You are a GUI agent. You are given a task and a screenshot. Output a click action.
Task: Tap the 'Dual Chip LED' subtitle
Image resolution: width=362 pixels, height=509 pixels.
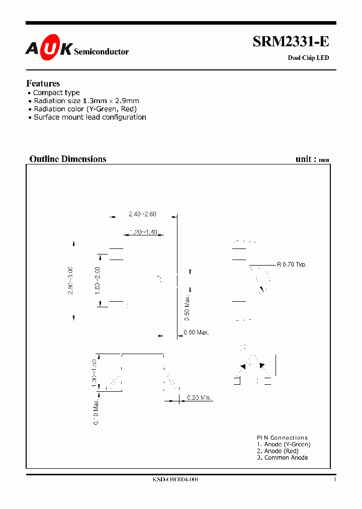coord(308,58)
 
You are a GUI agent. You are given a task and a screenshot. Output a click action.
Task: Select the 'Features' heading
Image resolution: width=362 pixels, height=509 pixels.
coord(43,83)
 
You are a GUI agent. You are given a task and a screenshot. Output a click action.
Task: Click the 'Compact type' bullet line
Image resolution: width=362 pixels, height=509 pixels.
coord(56,93)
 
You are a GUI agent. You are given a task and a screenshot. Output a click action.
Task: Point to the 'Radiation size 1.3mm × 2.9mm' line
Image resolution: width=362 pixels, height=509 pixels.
coord(86,101)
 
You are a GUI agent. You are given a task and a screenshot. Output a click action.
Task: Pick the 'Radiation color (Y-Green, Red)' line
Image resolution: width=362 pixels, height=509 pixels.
coord(85,109)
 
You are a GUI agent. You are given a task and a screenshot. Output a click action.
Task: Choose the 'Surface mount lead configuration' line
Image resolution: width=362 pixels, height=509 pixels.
coord(90,117)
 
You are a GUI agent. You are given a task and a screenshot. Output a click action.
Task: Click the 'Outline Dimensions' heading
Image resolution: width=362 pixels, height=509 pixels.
coord(68,159)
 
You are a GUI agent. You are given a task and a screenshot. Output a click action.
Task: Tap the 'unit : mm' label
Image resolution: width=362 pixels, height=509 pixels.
coord(312,159)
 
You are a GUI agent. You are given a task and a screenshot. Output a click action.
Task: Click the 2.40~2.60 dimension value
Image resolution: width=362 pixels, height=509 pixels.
coord(142,214)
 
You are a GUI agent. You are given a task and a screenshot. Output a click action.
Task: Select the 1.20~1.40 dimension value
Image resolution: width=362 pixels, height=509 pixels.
coord(143,232)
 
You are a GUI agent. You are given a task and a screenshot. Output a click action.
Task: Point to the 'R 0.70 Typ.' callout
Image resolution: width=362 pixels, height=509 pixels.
coord(292,264)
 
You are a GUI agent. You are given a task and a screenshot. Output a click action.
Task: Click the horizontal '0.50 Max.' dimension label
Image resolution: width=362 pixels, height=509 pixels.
coord(196,332)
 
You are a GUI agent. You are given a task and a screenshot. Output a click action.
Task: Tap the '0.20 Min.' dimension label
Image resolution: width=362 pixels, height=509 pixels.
coord(200,398)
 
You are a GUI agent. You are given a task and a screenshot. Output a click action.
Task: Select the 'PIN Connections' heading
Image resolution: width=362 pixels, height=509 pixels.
coord(282,438)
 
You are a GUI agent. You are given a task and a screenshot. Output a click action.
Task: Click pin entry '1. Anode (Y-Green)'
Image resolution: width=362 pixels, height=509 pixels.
coord(284,444)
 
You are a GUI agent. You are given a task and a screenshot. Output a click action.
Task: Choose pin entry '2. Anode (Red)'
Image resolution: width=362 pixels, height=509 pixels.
coord(278,451)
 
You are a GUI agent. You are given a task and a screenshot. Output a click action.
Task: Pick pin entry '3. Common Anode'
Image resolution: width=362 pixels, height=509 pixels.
coord(282,458)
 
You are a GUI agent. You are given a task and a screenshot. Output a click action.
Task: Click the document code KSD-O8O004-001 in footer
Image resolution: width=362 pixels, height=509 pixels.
coord(175,480)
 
